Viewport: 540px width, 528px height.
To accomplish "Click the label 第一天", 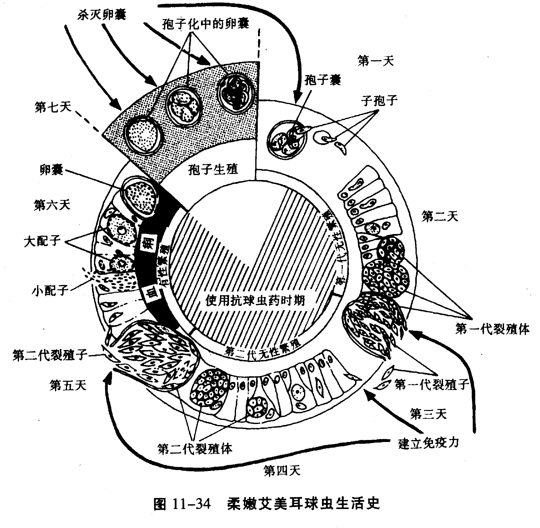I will pos(375,60).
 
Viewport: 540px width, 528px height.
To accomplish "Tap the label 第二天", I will pos(439,216).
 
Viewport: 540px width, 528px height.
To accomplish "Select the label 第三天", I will pos(428,414).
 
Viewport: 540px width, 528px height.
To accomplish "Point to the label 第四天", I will pos(282,470).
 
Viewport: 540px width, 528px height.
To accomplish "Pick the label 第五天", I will pos(68,385).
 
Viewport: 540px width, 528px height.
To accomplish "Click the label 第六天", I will pos(52,205).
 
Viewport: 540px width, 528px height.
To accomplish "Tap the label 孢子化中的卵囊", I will pos(205,24).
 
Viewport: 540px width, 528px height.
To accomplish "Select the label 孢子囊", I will pos(322,80).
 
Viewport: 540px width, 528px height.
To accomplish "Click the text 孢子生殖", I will pos(213,169).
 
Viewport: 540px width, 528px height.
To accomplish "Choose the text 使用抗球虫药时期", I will pos(255,300).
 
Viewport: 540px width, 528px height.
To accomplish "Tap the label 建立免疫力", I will pos(428,443).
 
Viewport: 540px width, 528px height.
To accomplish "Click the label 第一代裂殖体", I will pos(492,329).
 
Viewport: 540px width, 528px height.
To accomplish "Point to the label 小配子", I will pos(50,290).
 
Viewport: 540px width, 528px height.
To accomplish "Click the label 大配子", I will pos(42,241).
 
